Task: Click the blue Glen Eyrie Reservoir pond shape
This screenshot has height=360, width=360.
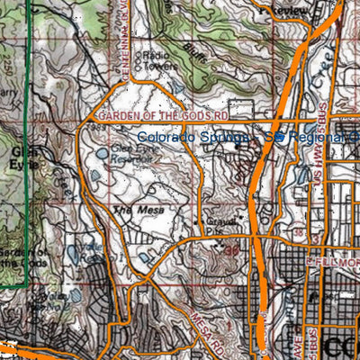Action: point(102,154)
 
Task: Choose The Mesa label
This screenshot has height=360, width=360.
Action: point(135,211)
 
